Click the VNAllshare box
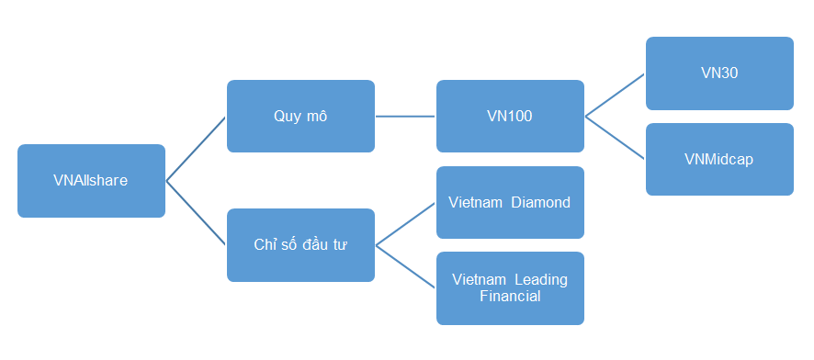pyautogui.click(x=91, y=181)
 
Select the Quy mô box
pyautogui.click(x=300, y=117)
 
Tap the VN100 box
pyautogui.click(x=510, y=117)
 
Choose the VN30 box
pyautogui.click(x=719, y=73)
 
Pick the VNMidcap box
pyautogui.click(x=719, y=159)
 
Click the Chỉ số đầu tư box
pyautogui.click(x=300, y=245)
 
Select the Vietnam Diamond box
pyautogui.click(x=510, y=202)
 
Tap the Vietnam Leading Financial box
pyautogui.click(x=510, y=287)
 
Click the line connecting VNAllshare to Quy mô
pyautogui.click(x=196, y=149)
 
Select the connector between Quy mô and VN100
pyautogui.click(x=405, y=117)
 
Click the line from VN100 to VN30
pyautogui.click(x=615, y=96)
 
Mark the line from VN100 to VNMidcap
pyautogui.click(x=615, y=138)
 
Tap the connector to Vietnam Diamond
pyautogui.click(x=405, y=224)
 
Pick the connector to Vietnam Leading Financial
pyautogui.click(x=405, y=266)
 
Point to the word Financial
pyautogui.click(x=510, y=297)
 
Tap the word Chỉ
pyautogui.click(x=264, y=245)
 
